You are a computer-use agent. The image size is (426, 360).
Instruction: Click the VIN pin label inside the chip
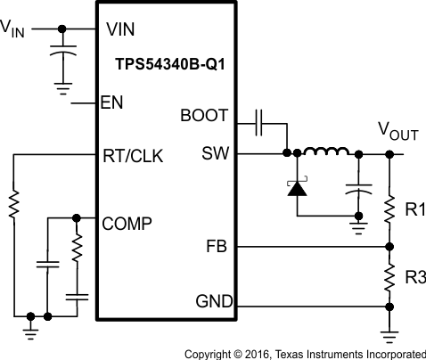click(x=120, y=28)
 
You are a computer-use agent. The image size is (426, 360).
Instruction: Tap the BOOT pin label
click(x=204, y=115)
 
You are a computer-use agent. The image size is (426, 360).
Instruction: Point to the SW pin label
click(x=216, y=153)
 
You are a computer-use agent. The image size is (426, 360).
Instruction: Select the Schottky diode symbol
click(x=294, y=186)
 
